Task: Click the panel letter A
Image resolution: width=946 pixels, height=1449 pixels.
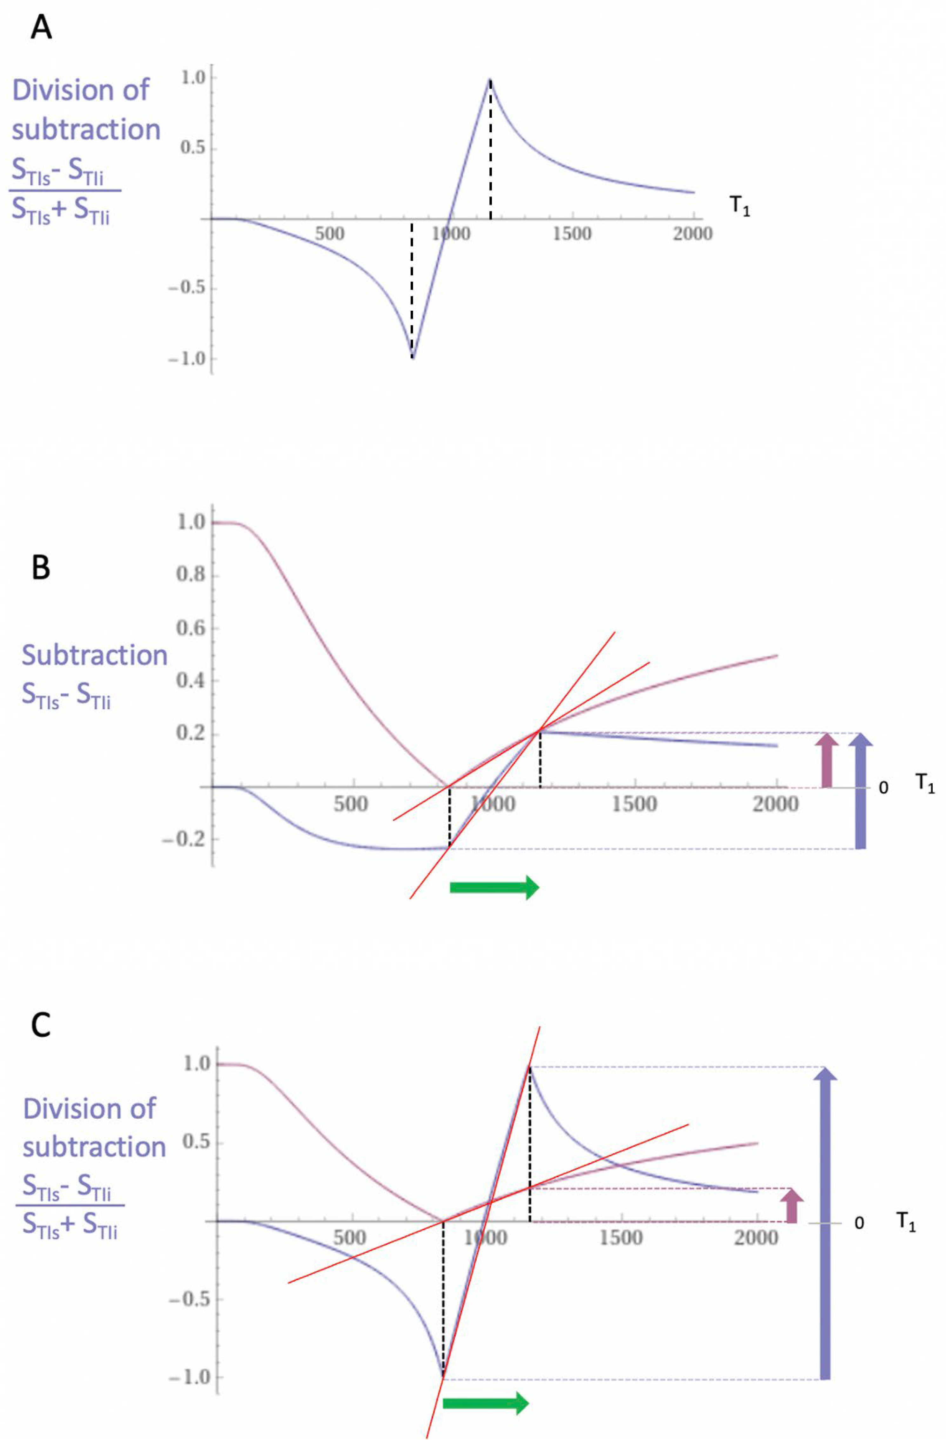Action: tap(41, 27)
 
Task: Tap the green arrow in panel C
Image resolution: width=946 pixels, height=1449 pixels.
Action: tap(485, 1403)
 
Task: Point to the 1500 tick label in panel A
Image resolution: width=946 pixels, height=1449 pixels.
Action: tap(571, 234)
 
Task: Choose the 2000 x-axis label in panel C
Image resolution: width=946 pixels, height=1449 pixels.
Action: tap(755, 1237)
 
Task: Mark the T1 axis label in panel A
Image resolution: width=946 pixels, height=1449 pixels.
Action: tap(740, 207)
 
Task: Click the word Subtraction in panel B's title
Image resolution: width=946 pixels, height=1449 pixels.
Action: tap(94, 655)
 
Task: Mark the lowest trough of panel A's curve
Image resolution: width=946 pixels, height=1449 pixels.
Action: tap(413, 357)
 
